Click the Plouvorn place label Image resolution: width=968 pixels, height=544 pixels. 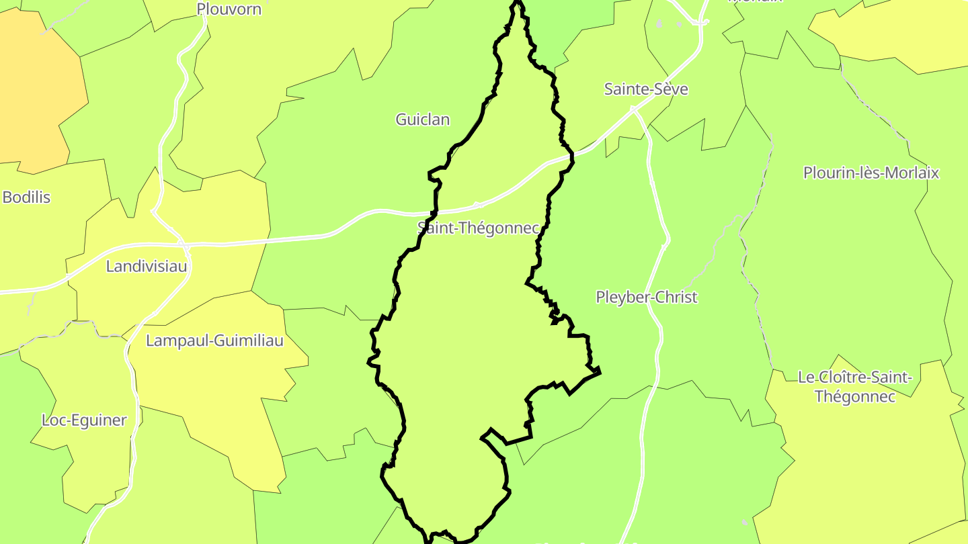(229, 9)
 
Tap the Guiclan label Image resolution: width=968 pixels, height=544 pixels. (422, 120)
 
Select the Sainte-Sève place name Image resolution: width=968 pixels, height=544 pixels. (646, 89)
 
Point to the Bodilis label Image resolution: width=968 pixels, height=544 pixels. (26, 197)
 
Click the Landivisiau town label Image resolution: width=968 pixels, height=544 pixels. (147, 267)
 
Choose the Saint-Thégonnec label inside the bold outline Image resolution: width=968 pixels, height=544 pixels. (479, 228)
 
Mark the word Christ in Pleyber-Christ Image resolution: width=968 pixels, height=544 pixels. (676, 297)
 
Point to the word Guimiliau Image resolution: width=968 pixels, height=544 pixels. (248, 341)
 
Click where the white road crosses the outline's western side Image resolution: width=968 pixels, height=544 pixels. (434, 214)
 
